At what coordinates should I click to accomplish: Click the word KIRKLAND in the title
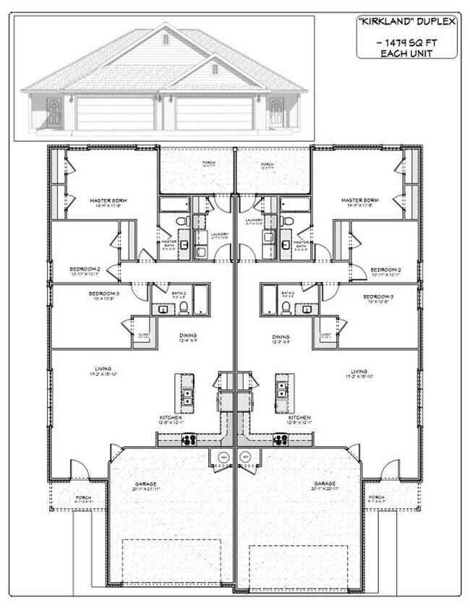[392, 22]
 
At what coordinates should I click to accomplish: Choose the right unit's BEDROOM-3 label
[378, 296]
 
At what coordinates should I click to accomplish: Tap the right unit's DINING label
[281, 336]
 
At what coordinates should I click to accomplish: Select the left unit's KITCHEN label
[171, 418]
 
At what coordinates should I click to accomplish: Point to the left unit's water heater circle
[224, 457]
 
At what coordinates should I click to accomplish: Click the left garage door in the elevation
[116, 114]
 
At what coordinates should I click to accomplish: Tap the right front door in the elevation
[275, 114]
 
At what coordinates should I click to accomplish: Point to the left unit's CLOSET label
[142, 335]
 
